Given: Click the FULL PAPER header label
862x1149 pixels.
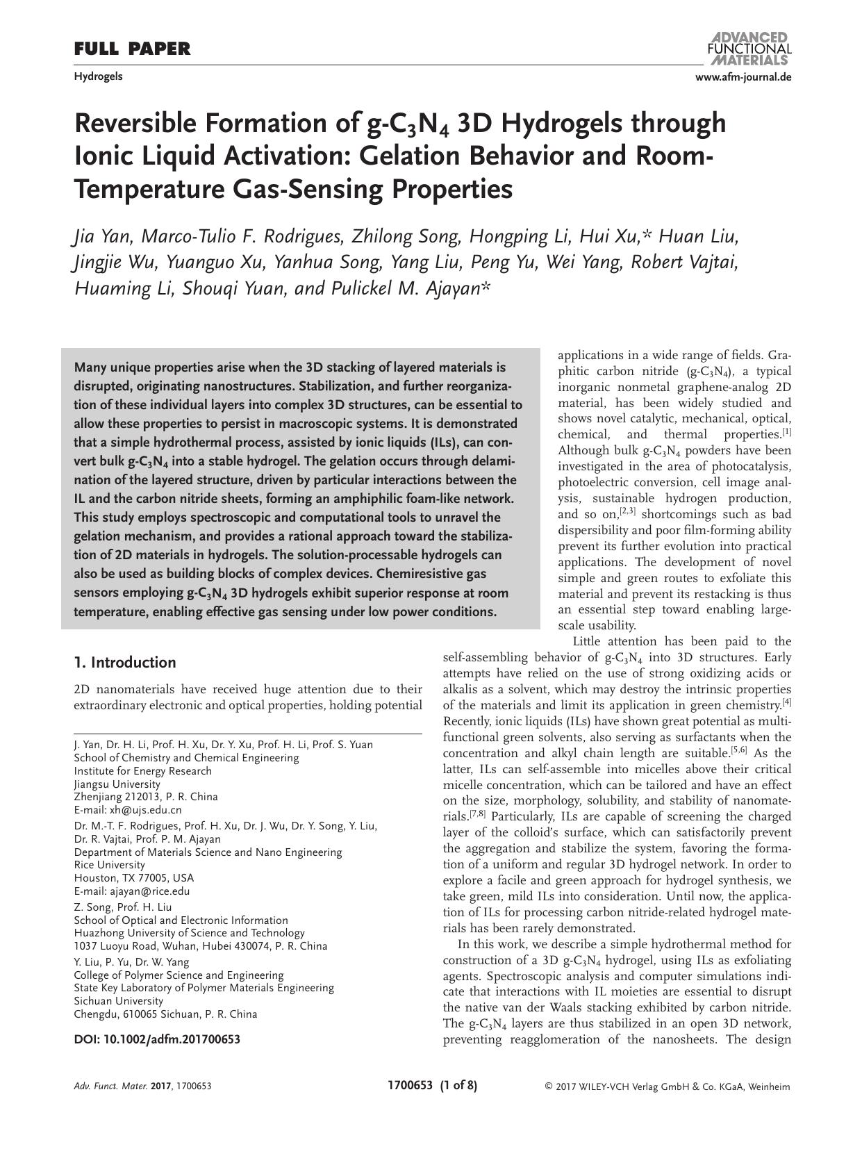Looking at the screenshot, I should tap(132, 49).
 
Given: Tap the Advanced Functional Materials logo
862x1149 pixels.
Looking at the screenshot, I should tap(748, 48).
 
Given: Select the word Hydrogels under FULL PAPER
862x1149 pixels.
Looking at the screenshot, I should tap(98, 76).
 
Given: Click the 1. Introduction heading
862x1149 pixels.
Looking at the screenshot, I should tap(125, 662).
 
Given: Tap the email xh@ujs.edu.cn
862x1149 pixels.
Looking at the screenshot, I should tap(146, 809).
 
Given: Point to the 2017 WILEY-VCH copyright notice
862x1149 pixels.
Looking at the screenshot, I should tap(667, 1087).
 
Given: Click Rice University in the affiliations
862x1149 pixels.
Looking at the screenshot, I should tap(110, 865).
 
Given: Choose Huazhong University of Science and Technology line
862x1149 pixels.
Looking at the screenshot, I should tap(189, 933).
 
